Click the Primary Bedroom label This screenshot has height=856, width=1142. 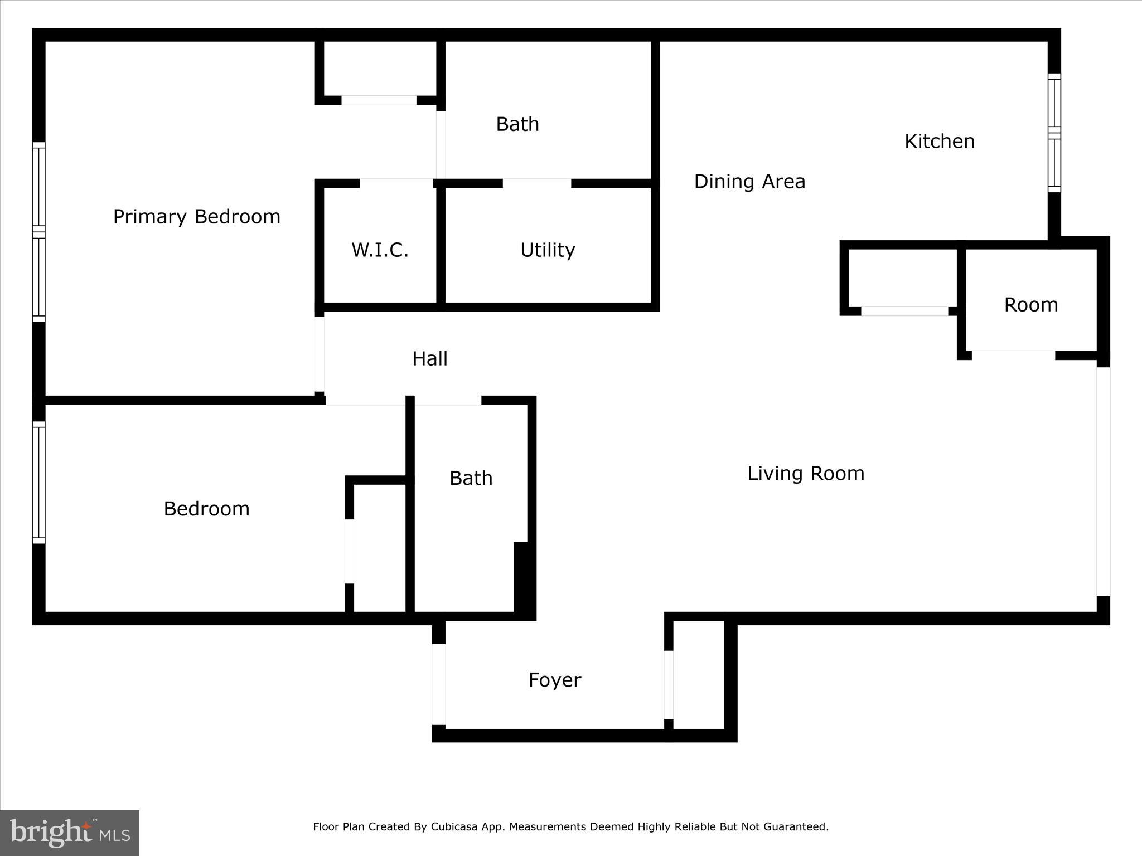click(196, 216)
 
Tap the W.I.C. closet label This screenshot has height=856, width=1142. click(380, 250)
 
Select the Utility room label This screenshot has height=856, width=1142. click(547, 250)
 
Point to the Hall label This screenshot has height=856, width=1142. click(429, 358)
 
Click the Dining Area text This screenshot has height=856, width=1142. click(749, 182)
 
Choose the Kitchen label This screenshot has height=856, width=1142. click(939, 142)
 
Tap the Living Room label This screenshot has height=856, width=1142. click(805, 473)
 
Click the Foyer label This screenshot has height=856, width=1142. click(554, 680)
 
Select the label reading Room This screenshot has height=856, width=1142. click(1030, 305)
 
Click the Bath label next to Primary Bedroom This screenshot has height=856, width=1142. click(517, 124)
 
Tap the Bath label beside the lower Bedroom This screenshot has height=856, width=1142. click(471, 478)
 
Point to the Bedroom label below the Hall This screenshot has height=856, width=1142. click(206, 508)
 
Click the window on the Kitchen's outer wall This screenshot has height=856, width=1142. click(1053, 133)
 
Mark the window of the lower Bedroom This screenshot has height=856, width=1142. click(38, 482)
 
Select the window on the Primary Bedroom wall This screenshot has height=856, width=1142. click(38, 231)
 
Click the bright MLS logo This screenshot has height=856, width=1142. click(70, 833)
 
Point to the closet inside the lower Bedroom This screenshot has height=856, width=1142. click(379, 549)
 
